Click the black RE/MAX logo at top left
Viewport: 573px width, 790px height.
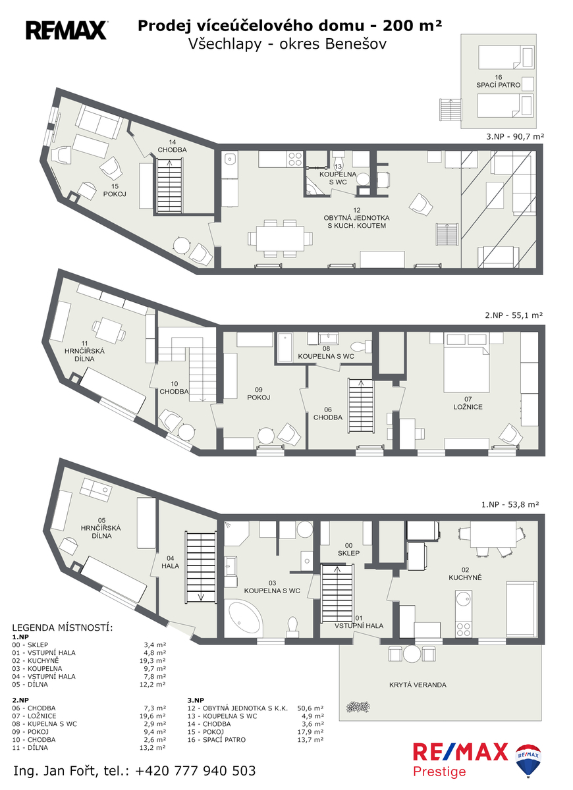[67, 30]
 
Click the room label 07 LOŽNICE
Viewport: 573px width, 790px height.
[468, 403]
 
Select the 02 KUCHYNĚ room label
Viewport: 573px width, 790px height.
[465, 574]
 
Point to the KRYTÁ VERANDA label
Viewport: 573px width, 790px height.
[418, 685]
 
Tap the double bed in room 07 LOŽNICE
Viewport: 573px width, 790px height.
[466, 369]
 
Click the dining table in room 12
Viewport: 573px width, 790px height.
[280, 238]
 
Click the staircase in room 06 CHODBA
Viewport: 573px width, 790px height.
[361, 406]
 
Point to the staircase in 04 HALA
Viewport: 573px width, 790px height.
[201, 567]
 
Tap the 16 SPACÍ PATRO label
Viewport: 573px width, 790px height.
[498, 81]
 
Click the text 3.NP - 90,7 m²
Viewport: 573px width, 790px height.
[515, 136]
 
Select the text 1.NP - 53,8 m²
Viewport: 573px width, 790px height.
[510, 505]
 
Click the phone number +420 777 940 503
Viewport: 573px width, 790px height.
[196, 771]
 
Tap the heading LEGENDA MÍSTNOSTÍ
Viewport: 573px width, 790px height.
[63, 628]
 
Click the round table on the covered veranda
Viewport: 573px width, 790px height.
[412, 654]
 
